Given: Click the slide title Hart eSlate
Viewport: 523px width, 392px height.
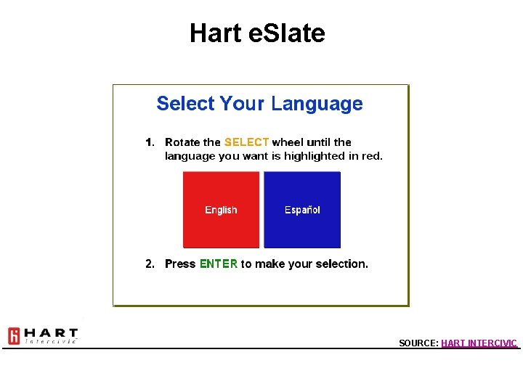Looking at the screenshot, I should tap(257, 33).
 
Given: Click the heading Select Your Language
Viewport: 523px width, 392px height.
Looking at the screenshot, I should tap(259, 104).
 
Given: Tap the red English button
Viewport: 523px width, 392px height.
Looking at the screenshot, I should tap(221, 210).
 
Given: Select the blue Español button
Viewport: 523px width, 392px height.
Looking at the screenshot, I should tap(302, 210).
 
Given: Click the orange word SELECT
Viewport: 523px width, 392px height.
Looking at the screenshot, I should tap(246, 142).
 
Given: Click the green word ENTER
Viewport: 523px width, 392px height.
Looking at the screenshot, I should tap(218, 264).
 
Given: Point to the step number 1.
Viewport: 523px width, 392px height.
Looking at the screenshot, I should tap(150, 142).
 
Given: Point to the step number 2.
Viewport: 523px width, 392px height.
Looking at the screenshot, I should tap(150, 264).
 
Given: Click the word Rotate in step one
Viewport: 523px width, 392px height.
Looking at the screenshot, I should tap(182, 142).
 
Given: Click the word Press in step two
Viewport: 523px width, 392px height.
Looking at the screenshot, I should tap(180, 264).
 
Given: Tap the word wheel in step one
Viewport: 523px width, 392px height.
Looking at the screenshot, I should tap(287, 142).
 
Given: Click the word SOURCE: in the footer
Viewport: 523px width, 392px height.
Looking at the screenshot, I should tap(418, 343).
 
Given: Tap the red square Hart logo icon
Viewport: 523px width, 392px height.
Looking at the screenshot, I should tap(14, 336).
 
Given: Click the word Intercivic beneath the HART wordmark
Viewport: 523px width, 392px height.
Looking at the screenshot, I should tap(51, 341).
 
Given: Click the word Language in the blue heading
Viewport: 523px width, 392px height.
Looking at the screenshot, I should tap(317, 104).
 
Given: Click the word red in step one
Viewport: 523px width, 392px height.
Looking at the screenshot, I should tap(372, 156).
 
